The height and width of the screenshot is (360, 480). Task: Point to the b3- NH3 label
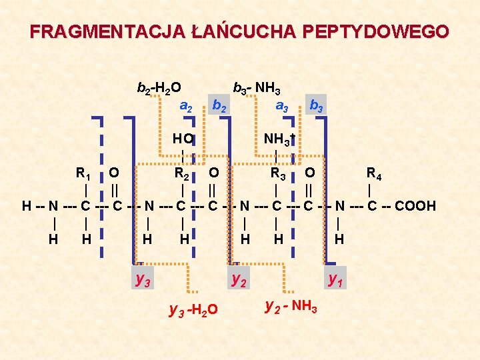256,88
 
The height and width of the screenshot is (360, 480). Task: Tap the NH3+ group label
279,139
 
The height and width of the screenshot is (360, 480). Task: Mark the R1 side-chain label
83,175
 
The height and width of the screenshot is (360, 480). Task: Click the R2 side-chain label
181,175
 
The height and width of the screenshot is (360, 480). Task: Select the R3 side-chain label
279,175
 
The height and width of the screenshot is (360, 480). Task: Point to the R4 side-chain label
374,175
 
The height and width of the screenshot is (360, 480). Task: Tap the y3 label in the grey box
143,279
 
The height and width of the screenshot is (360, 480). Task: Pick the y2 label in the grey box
239,279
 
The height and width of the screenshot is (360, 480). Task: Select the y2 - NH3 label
291,306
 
